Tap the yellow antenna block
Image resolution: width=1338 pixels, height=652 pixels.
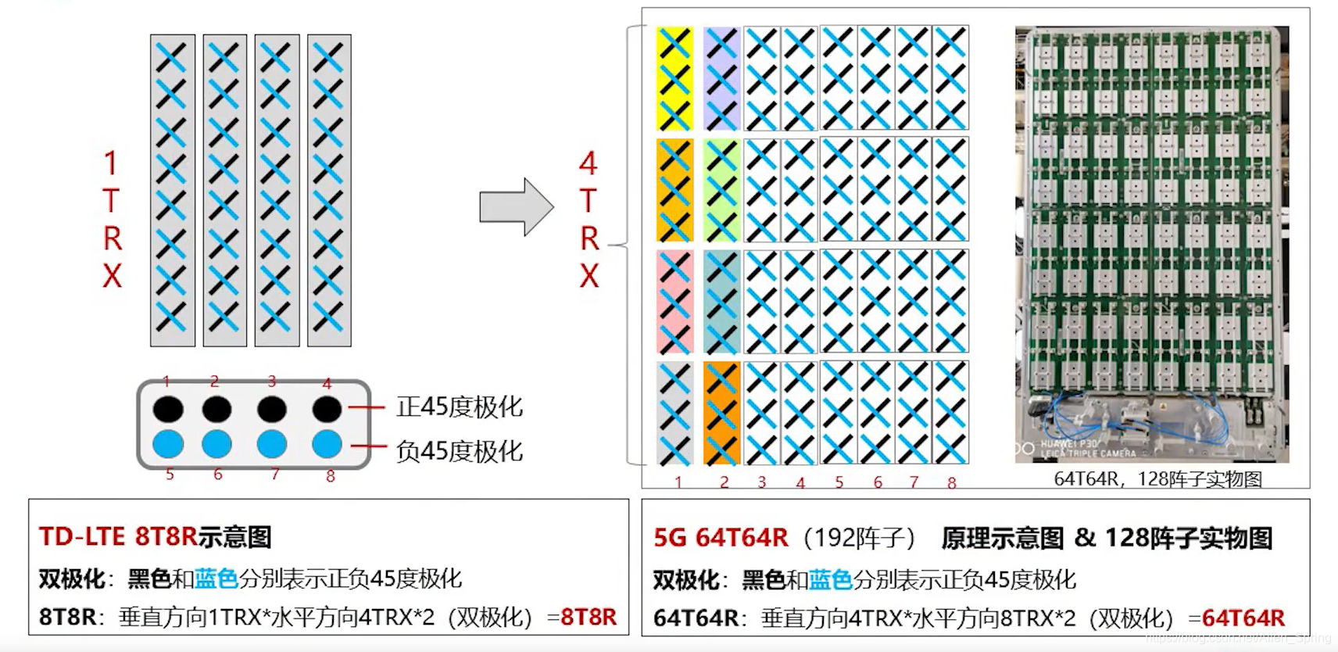tap(674, 79)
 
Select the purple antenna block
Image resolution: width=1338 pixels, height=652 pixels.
tap(721, 79)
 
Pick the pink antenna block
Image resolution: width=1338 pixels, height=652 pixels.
tap(674, 302)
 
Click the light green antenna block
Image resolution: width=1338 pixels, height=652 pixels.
tap(721, 191)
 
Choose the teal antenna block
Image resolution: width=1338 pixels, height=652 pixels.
tap(721, 302)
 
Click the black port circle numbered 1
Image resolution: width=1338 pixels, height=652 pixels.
tap(168, 409)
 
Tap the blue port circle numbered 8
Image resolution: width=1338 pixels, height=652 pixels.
tap(327, 444)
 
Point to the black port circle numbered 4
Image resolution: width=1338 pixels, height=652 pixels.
tap(327, 409)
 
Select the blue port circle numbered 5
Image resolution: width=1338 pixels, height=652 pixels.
tap(168, 444)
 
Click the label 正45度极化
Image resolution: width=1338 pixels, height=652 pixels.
tap(460, 407)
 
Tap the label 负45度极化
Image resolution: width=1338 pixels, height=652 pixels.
tap(460, 451)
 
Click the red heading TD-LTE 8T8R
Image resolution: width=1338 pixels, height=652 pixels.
tap(118, 537)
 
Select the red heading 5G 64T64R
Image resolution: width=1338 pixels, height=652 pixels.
tap(721, 538)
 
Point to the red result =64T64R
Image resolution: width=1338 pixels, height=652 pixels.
tap(1243, 618)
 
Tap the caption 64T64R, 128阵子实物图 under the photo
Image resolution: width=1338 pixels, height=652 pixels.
tap(1157, 478)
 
